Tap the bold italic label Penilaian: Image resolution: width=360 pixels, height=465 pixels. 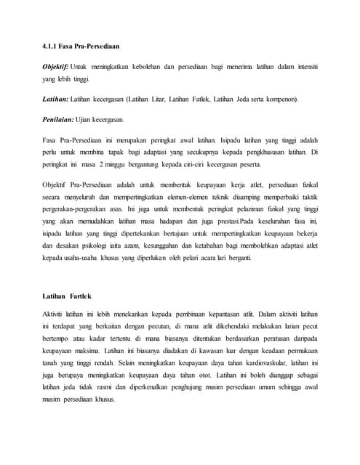point(59,118)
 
